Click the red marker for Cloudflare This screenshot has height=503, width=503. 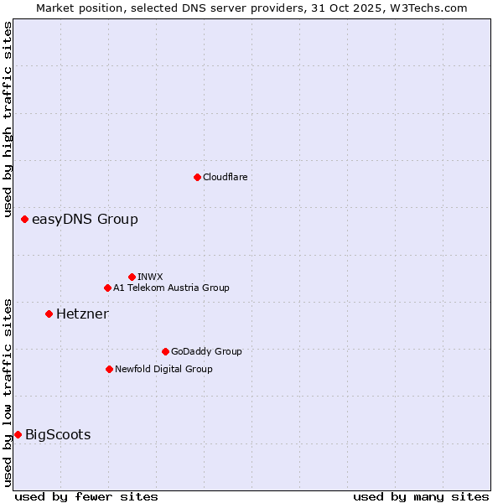click(x=197, y=177)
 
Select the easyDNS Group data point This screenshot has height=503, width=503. click(x=24, y=220)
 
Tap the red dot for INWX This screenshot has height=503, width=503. click(x=132, y=277)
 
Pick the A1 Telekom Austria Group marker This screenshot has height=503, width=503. click(x=107, y=288)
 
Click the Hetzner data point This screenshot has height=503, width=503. click(x=49, y=314)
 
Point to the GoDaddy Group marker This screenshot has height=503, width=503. click(x=165, y=351)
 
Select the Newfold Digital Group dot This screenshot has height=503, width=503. click(x=109, y=369)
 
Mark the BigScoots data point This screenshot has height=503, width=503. click(x=18, y=434)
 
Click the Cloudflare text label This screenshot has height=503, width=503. click(x=225, y=177)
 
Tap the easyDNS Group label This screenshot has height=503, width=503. click(x=85, y=220)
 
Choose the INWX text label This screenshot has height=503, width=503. click(x=150, y=277)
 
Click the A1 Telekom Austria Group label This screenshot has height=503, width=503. click(x=171, y=288)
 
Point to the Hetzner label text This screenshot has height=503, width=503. click(x=82, y=314)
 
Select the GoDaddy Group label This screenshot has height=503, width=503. click(x=206, y=351)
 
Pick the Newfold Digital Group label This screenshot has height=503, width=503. click(x=163, y=369)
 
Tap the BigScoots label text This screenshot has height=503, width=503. click(x=58, y=434)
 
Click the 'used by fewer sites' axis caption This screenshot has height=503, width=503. click(x=86, y=496)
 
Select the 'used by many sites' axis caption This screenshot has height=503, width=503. click(x=421, y=496)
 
